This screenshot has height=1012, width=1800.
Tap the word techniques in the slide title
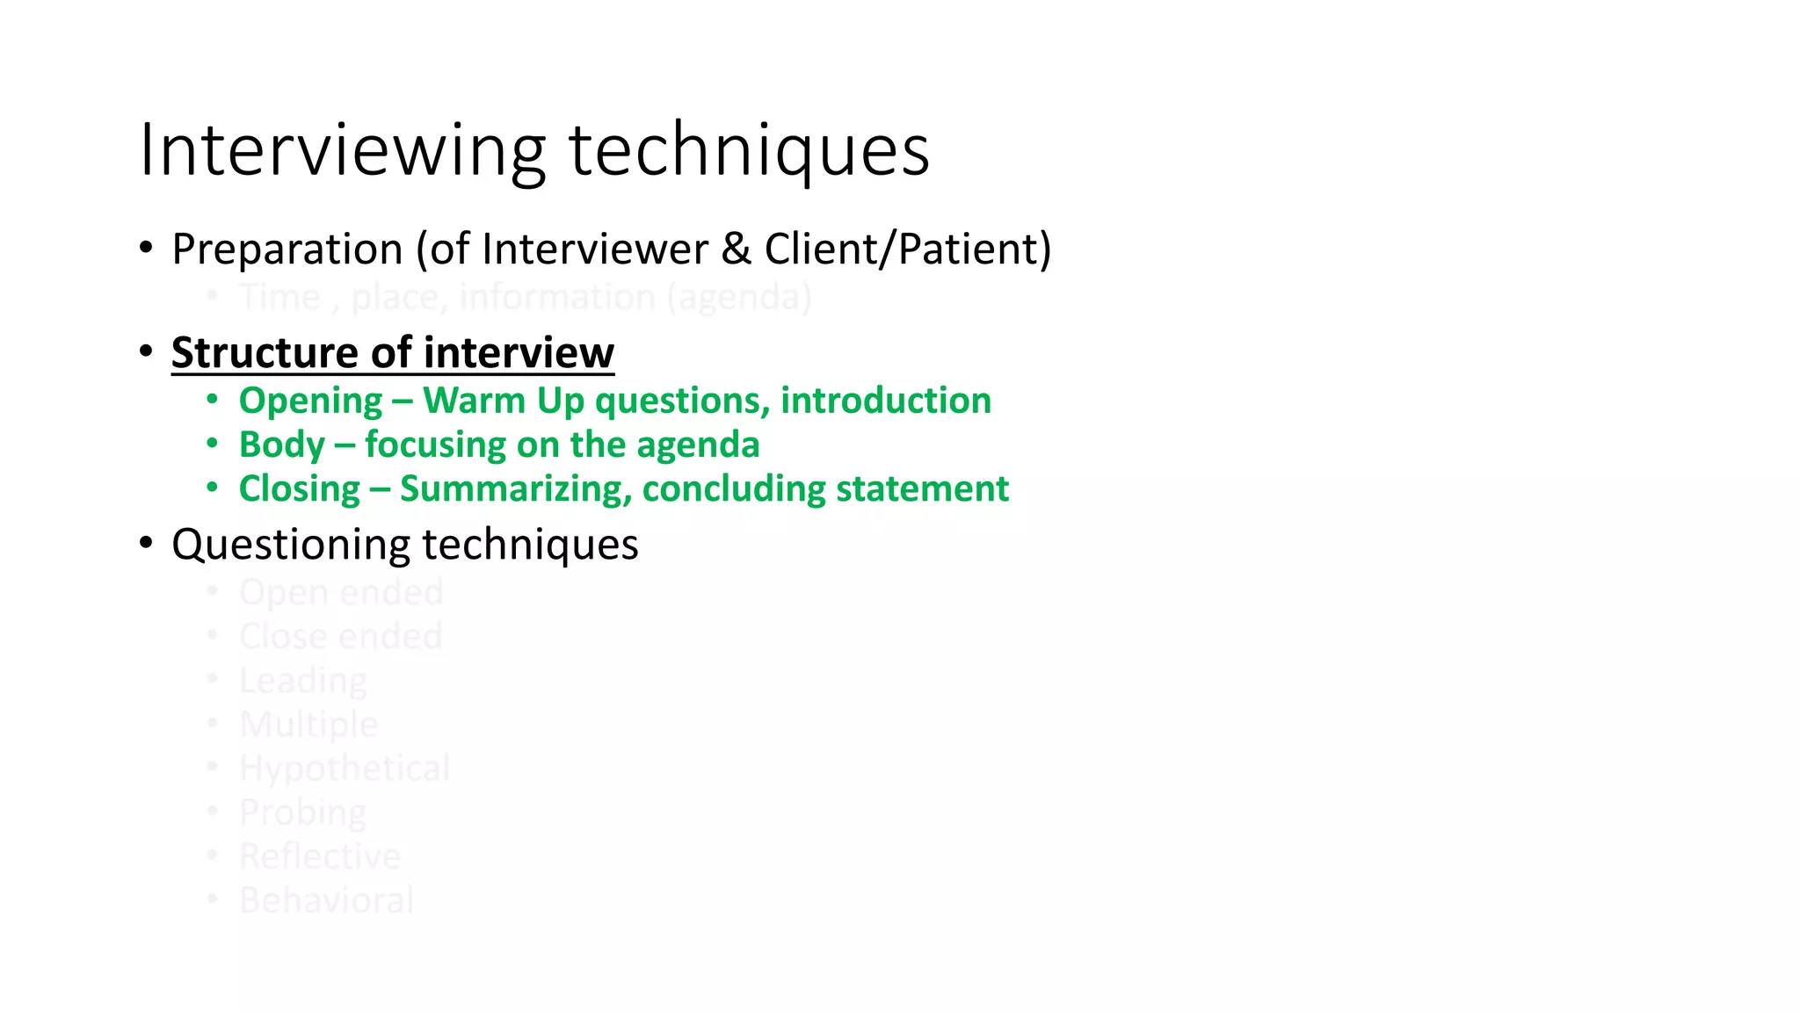coord(749,151)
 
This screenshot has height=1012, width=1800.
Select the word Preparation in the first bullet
coord(287,249)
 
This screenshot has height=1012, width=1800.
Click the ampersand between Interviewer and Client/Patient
coord(736,249)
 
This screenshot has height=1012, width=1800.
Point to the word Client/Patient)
coord(907,249)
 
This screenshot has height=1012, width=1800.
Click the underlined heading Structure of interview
coord(392,353)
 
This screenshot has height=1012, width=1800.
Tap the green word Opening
coord(310,401)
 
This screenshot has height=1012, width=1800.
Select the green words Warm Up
coord(503,401)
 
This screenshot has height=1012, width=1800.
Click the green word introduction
coord(885,401)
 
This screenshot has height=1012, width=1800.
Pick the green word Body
coord(281,445)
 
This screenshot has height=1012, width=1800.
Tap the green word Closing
coord(300,489)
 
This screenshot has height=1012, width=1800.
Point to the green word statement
coord(922,489)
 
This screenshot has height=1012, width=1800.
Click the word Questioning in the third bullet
coord(291,545)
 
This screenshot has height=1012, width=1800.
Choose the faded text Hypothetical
coord(345,769)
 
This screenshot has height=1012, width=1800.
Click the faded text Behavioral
coord(326,900)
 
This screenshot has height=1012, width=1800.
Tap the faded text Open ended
coord(341,593)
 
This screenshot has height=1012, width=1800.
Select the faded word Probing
coord(302,813)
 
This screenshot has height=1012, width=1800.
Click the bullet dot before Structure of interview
coord(147,352)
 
